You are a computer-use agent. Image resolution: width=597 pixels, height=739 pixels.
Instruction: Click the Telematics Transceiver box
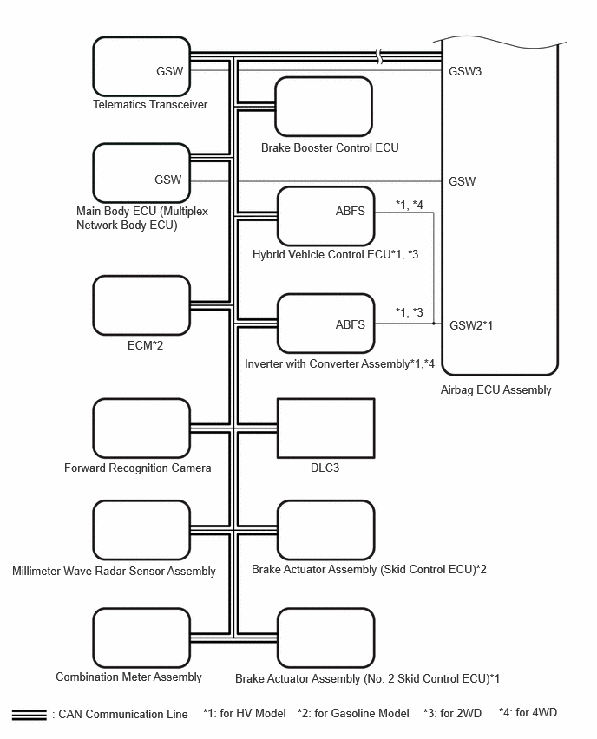[x=141, y=67]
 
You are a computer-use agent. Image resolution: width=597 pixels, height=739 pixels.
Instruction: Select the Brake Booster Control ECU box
[x=324, y=107]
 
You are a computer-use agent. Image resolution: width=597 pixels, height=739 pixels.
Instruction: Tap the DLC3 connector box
[x=326, y=428]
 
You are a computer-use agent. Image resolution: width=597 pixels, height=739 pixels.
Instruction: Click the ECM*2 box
[x=141, y=306]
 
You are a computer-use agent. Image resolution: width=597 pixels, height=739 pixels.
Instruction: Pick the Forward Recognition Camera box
[x=141, y=428]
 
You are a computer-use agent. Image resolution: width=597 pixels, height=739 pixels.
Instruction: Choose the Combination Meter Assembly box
[x=141, y=638]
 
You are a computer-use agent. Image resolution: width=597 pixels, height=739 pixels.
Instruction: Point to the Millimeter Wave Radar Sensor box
[x=141, y=530]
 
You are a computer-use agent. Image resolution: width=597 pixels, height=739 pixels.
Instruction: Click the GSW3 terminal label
[x=465, y=71]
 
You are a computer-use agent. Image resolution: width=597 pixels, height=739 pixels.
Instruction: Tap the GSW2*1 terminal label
[x=471, y=325]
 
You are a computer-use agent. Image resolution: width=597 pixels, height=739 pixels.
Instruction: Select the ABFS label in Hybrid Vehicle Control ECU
[x=351, y=211]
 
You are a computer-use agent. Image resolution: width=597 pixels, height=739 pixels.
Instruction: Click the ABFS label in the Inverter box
[x=351, y=324]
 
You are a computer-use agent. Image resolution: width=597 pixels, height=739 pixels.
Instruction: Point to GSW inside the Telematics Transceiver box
[x=170, y=71]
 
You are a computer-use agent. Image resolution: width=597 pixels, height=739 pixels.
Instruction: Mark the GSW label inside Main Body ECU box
[x=167, y=180]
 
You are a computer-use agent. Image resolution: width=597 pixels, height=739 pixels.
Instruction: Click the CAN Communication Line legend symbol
[x=30, y=715]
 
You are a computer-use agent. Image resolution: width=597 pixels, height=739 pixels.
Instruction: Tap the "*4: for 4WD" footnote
[x=528, y=712]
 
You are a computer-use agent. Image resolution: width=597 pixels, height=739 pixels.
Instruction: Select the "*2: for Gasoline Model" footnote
[x=354, y=713]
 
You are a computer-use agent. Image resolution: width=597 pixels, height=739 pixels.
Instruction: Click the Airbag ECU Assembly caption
[x=496, y=389]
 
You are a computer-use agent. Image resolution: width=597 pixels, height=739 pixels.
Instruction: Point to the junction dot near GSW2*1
[x=434, y=324]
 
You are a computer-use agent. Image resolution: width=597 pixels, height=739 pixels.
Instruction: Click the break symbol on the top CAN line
[x=379, y=56]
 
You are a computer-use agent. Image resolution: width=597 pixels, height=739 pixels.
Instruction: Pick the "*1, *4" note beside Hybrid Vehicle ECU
[x=410, y=205]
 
